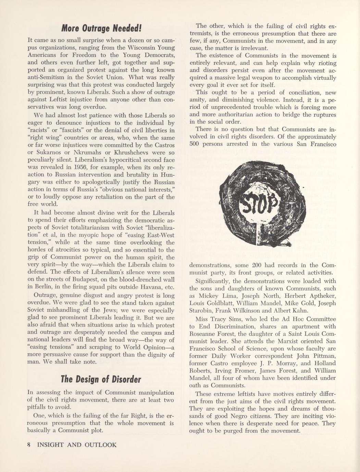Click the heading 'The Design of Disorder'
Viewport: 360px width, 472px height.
101,379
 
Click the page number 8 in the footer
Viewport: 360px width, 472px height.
29,445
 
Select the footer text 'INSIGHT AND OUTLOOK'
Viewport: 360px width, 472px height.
77,445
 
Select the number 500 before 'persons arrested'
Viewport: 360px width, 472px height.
195,144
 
